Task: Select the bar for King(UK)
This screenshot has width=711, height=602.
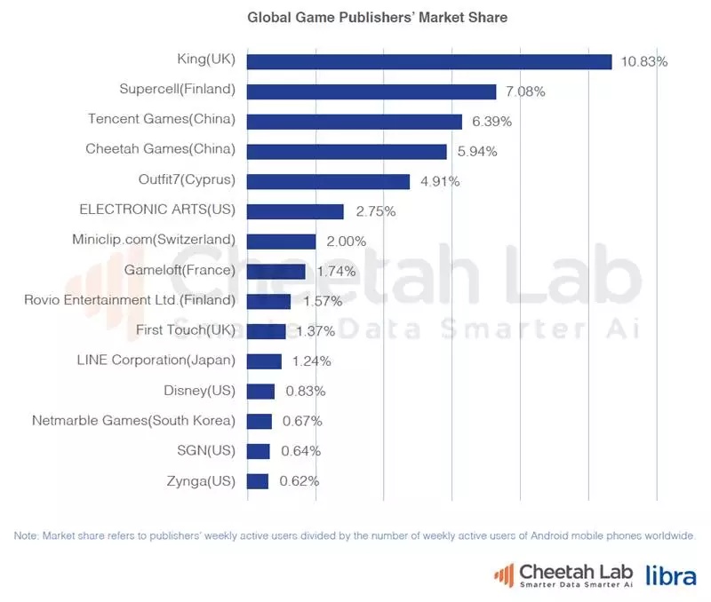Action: coord(428,61)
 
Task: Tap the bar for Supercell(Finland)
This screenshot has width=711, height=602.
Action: coord(371,91)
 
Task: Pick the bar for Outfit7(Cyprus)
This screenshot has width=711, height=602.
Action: coord(328,181)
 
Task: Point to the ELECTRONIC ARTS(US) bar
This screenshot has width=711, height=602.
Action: coord(295,211)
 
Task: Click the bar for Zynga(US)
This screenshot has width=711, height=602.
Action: coord(258,481)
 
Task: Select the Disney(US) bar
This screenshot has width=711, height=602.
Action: coord(260,392)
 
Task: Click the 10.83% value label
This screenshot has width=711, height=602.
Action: coord(643,61)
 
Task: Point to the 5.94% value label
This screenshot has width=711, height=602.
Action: coord(477,152)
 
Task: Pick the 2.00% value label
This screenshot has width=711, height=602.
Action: coord(347,242)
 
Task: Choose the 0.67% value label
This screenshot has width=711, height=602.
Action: coord(302,421)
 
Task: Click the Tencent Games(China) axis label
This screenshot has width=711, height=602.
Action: coord(162,119)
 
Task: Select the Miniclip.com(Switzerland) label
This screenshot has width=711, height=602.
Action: coord(154,239)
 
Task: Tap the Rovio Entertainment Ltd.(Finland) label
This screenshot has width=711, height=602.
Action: coord(130,300)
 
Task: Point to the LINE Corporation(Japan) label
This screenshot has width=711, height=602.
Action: coord(156,360)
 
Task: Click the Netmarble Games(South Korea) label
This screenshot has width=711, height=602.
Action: coord(133,420)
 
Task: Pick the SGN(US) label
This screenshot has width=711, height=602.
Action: coord(206,450)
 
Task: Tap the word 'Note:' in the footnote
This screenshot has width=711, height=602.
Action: coord(27,536)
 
